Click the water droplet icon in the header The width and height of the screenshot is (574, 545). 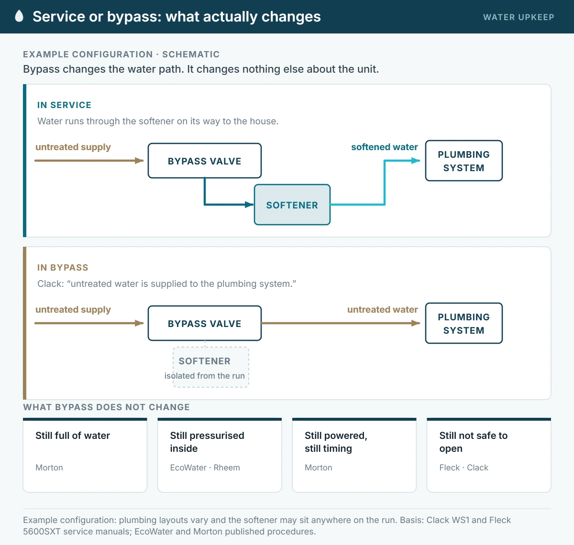19,16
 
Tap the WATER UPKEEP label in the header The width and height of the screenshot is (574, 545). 519,17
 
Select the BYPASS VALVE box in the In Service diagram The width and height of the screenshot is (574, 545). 205,161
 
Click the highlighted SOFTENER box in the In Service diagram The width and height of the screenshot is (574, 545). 292,205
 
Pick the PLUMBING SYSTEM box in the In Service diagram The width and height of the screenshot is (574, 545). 464,161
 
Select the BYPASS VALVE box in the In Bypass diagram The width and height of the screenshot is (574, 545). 205,323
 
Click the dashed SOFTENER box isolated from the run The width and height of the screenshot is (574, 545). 211,367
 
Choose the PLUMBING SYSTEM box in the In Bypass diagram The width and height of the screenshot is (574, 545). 464,323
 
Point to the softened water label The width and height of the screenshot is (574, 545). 385,147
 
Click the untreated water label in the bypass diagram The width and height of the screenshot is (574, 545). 383,309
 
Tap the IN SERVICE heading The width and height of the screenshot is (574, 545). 64,105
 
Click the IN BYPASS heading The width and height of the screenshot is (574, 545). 63,268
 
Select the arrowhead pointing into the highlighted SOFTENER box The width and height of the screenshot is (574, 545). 249,205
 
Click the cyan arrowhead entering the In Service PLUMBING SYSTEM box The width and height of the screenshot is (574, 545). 416,161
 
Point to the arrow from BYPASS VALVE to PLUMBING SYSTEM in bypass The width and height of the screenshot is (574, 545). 341,323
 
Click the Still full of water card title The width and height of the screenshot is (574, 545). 73,436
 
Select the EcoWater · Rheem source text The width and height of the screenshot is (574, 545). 205,468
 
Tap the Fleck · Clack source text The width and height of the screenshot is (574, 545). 464,468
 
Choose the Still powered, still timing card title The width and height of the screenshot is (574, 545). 336,442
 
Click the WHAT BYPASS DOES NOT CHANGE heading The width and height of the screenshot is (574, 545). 107,407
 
